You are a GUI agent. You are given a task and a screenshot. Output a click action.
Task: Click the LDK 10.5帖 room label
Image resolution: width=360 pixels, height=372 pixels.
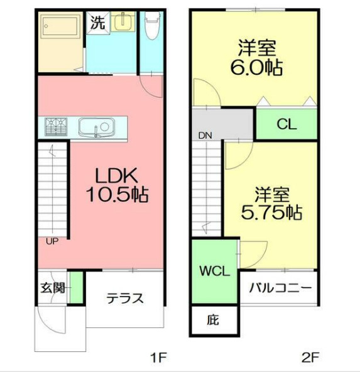116,185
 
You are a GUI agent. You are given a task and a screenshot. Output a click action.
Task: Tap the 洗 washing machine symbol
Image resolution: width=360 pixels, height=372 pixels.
97,24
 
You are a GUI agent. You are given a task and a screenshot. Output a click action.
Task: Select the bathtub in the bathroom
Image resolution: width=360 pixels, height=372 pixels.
60,27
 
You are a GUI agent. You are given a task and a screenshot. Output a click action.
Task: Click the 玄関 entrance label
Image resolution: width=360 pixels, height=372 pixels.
53,289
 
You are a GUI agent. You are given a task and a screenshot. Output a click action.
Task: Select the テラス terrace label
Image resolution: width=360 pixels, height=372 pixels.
124,297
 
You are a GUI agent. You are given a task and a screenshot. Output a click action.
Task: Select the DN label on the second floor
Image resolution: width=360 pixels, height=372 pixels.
205,135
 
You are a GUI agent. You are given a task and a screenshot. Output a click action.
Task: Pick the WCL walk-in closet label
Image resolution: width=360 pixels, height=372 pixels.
214,272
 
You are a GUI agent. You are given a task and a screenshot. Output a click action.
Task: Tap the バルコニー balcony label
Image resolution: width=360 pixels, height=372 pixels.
280,288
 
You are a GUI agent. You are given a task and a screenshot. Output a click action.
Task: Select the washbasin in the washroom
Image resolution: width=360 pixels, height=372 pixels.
123,22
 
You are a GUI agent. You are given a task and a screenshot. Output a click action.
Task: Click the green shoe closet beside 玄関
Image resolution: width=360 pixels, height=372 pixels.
76,288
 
